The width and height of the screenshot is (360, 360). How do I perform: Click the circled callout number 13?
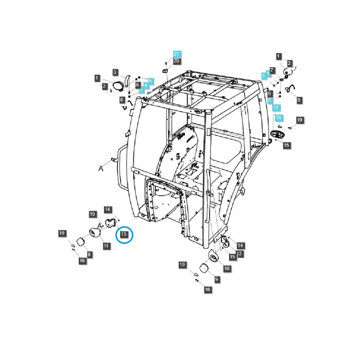pos(124,234)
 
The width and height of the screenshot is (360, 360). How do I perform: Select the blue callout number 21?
pos(176,54)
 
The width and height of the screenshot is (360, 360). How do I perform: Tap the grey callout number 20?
pos(176,61)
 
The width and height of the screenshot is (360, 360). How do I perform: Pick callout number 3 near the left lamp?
pos(115,72)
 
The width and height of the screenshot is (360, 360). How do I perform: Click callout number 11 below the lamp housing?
pos(106,246)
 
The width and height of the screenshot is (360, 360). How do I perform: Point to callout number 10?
pos(226,268)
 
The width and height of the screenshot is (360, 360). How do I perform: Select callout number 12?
pos(239,254)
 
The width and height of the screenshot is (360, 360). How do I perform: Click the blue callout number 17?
pos(276,108)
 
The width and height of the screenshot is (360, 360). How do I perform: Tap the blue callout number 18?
pos(278,117)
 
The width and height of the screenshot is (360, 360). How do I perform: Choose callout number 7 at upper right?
pos(285,71)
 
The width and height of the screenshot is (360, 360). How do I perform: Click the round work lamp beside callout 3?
pos(119,86)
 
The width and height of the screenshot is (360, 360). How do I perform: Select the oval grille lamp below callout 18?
pos(278,135)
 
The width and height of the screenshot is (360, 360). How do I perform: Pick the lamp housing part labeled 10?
pos(213,257)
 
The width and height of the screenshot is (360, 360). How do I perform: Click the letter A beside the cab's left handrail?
pos(101,168)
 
